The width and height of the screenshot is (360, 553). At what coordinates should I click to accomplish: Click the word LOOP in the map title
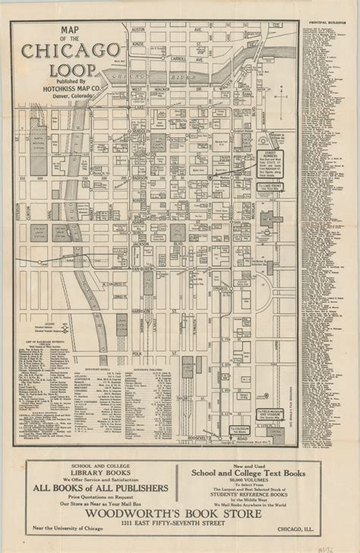(63, 70)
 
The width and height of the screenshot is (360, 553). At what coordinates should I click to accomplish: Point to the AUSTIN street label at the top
(139, 30)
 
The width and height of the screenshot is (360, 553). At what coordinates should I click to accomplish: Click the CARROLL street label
(181, 57)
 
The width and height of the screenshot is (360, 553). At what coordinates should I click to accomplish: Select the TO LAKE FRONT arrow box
(271, 185)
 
